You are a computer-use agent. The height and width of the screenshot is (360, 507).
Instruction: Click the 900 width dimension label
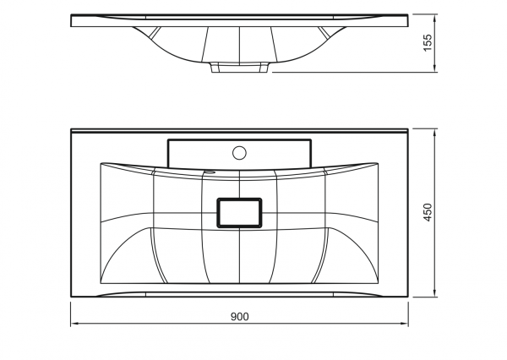pos(240,317)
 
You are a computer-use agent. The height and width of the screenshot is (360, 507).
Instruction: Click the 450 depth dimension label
pos(428,212)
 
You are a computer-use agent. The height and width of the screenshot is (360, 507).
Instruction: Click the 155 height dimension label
pos(428,42)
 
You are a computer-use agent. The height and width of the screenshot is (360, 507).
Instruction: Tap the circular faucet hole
pos(239,153)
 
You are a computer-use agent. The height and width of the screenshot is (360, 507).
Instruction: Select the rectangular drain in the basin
pos(239,213)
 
